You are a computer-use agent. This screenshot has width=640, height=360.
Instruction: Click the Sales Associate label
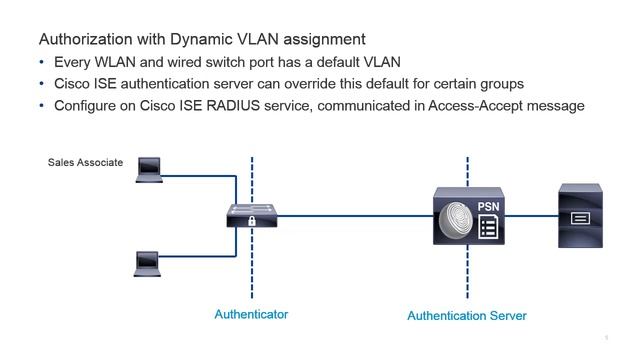click(85, 162)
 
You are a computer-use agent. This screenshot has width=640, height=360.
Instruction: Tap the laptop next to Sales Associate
click(149, 170)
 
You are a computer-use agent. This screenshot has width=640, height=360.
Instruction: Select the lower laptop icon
click(147, 264)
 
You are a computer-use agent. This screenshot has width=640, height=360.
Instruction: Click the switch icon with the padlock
click(252, 216)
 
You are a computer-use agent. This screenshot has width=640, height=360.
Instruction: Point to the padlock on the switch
click(252, 221)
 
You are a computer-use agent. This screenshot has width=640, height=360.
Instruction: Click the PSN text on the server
click(488, 207)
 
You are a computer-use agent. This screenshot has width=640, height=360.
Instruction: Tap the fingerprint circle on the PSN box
click(456, 221)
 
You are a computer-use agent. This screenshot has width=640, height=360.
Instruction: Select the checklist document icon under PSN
click(488, 227)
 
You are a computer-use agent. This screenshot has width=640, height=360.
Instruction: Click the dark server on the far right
click(580, 216)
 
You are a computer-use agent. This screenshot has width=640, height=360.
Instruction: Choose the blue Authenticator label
click(251, 314)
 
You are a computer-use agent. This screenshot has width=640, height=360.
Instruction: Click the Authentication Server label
click(467, 316)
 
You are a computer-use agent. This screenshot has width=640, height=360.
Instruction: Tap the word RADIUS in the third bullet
click(233, 106)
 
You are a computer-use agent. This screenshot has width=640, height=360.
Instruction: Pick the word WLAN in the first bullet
click(115, 62)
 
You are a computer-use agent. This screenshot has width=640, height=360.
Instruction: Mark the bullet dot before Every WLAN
click(42, 62)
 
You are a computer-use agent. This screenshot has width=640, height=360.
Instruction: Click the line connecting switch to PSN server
click(355, 216)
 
